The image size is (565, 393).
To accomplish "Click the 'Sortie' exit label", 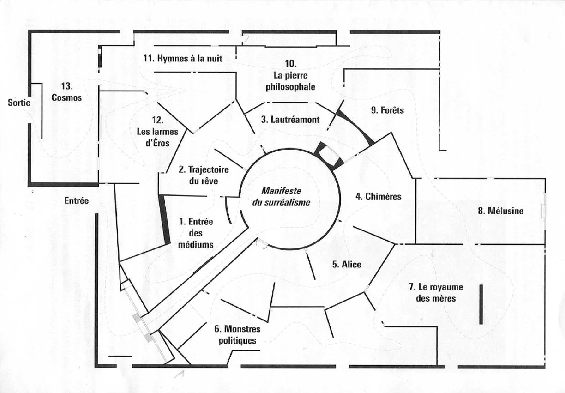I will tap(19, 103).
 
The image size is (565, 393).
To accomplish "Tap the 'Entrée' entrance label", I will tap(76, 200).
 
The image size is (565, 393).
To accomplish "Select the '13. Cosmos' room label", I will tap(66, 91).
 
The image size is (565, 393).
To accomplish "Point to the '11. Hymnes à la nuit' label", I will tap(183, 59).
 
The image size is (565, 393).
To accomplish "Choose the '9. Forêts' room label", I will tap(387, 110).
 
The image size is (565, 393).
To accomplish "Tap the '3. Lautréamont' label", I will tap(290, 120).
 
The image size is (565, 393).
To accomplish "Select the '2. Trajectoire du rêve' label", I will tap(203, 175).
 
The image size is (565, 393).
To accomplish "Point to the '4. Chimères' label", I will tap(378, 196).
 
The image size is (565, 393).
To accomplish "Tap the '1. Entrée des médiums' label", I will tap(196, 233).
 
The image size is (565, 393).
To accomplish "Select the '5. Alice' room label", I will tap(346, 265).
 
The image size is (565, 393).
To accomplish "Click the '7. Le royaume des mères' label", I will tap(435, 293).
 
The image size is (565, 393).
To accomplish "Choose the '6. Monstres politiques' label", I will tap(237, 335).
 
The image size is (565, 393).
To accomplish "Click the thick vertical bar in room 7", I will tap(481, 304).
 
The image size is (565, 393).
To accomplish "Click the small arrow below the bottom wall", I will tap(180, 374).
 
